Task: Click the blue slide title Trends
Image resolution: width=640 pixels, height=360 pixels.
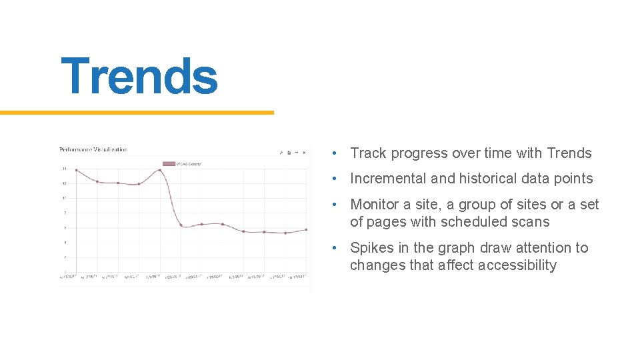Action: point(139,76)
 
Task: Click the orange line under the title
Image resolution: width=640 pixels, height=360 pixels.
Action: point(137,113)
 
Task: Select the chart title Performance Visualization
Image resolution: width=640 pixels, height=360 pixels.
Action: point(93,150)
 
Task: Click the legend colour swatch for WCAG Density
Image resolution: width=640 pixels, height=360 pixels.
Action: point(168,163)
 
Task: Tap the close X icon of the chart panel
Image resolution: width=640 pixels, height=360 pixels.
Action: point(304,153)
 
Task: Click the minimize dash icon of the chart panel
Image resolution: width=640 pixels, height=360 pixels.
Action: point(297,153)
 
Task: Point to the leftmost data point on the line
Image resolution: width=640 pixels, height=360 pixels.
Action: point(77,170)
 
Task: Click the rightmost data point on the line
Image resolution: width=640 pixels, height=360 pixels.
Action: point(306,229)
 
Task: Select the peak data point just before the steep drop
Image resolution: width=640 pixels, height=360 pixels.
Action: point(160,170)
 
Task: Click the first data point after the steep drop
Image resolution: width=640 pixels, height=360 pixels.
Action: point(181,225)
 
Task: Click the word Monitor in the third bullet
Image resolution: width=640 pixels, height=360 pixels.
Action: point(374,205)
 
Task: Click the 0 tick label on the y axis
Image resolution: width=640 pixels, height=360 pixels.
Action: point(65,271)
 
